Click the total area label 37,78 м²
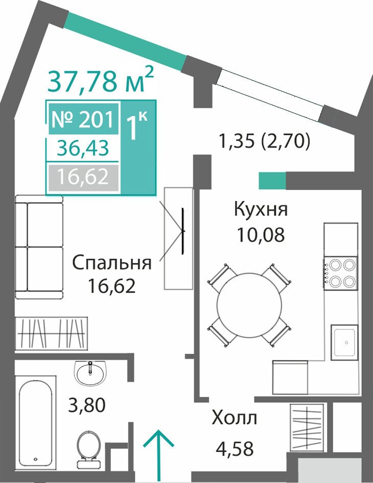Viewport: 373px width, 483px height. tap(101, 80)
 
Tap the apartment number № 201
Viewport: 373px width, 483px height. tap(83, 119)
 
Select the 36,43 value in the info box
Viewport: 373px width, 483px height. tap(83, 148)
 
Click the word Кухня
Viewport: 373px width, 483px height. tap(261, 209)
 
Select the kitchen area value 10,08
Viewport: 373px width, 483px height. tap(261, 235)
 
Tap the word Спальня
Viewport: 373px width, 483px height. tap(111, 262)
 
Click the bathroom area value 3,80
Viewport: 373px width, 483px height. tap(87, 405)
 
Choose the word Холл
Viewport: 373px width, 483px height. tap(235, 418)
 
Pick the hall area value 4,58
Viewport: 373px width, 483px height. tap(235, 448)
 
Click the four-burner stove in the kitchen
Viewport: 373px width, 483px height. tap(341, 273)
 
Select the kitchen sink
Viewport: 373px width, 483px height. tap(344, 342)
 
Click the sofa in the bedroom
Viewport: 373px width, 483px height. tap(39, 247)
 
